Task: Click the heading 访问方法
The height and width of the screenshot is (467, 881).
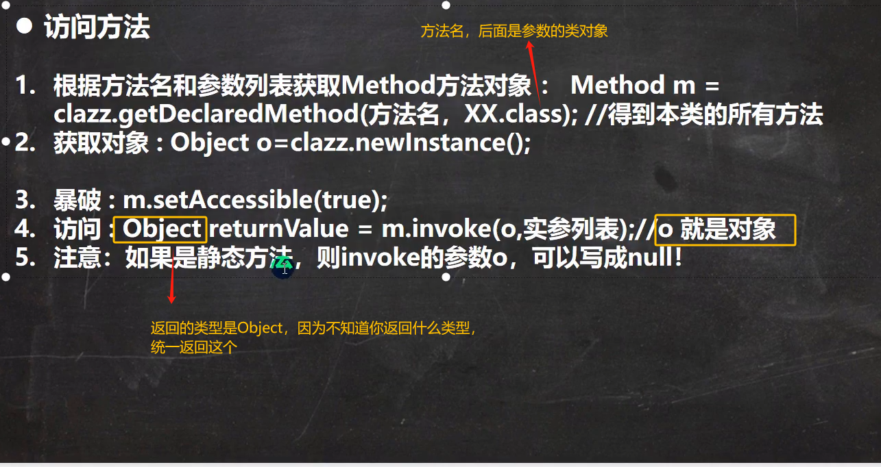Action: coord(97,27)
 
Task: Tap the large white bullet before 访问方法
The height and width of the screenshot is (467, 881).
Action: coord(25,26)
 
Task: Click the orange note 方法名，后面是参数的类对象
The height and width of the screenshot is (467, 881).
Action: coord(514,31)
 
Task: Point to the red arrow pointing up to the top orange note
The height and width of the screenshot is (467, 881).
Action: coord(534,73)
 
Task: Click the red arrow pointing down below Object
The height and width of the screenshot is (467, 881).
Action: coord(172,278)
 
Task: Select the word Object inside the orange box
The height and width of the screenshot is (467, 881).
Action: coord(162,229)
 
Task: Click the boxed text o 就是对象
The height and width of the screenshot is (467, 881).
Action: coord(716,229)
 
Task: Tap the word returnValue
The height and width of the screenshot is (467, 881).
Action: coord(279,229)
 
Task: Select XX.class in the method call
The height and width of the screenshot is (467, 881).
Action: coord(514,114)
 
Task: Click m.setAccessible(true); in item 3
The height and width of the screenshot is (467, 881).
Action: coord(255,200)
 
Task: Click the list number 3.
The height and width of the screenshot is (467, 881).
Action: coord(25,200)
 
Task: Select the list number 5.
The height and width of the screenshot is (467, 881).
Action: coord(25,257)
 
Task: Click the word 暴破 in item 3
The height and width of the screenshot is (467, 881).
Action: coord(77,200)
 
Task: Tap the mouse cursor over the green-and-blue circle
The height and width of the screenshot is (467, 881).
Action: coord(285,269)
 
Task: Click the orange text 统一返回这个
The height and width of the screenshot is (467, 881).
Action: coord(194,347)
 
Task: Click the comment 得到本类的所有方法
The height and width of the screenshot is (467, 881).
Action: coord(715,114)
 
